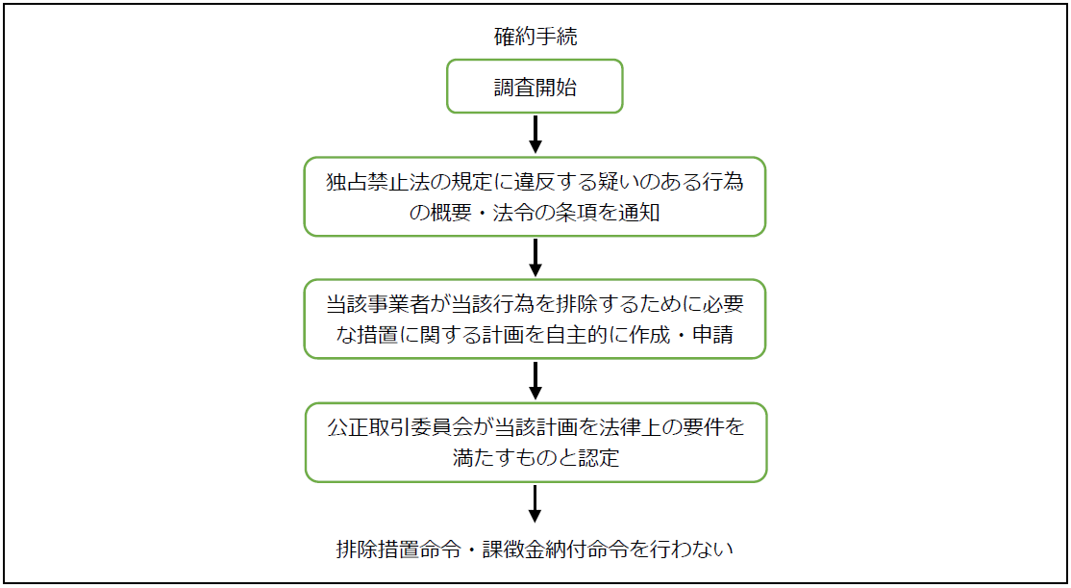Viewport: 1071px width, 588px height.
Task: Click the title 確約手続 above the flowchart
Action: coord(535,37)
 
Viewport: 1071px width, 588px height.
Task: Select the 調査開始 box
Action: coord(535,87)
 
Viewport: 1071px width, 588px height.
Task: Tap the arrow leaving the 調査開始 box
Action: coord(535,134)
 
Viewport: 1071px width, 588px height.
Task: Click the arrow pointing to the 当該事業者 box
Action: coord(535,257)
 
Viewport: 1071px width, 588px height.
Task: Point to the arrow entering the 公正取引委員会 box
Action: coord(535,380)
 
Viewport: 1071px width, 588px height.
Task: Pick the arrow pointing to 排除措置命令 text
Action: coord(535,503)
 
